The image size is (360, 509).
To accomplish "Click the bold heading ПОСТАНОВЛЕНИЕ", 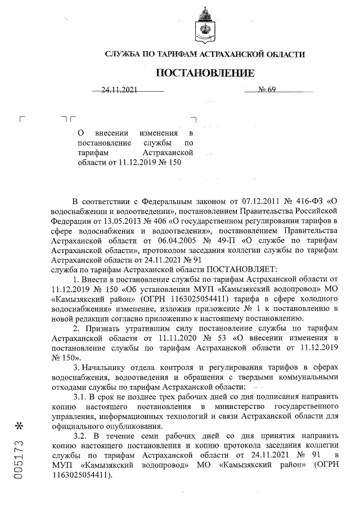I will tap(205, 73).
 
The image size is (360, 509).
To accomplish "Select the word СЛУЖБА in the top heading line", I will tap(125, 55).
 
